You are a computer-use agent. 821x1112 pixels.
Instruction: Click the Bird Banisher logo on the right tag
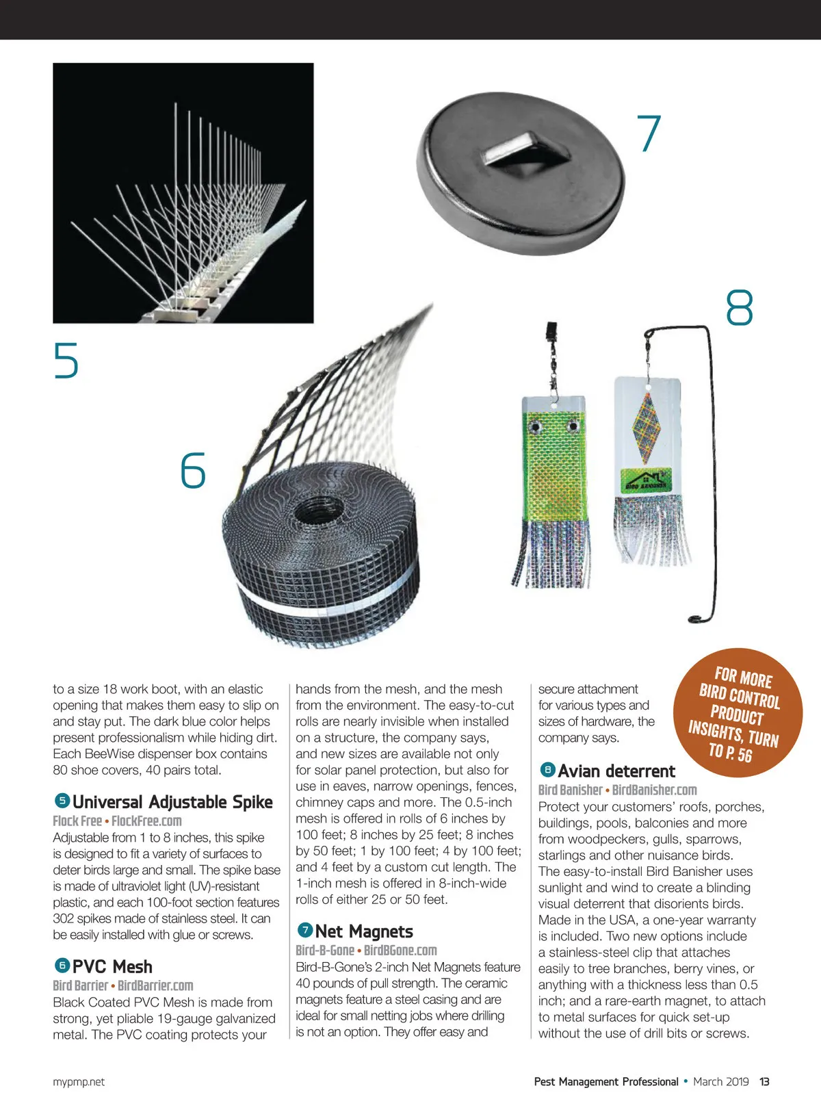coord(647,480)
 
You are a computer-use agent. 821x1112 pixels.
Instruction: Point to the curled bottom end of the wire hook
coord(696,619)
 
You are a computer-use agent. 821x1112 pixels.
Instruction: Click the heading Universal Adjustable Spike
coord(172,802)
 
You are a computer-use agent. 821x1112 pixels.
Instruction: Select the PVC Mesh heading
coord(112,967)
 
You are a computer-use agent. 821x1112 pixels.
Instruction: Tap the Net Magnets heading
coord(364,931)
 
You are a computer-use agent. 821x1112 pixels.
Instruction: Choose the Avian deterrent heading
coord(616,771)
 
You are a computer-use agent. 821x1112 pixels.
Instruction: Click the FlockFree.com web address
coord(146,820)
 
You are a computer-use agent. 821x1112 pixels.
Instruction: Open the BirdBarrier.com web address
coord(155,985)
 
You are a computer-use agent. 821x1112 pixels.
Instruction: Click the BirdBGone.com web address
coord(400,950)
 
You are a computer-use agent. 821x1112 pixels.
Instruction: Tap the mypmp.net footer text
coord(79,1082)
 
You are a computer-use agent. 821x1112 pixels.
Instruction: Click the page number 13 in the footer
coord(764,1082)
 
